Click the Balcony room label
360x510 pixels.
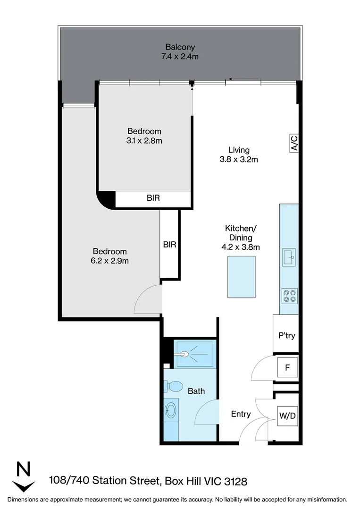pyautogui.click(x=180, y=47)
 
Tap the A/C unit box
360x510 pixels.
pyautogui.click(x=293, y=143)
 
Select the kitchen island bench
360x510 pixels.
pyautogui.click(x=241, y=277)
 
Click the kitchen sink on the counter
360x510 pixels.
pyautogui.click(x=288, y=258)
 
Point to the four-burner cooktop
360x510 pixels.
pyautogui.click(x=289, y=296)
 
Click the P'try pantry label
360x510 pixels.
pyautogui.click(x=286, y=336)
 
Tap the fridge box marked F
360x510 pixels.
pyautogui.click(x=286, y=367)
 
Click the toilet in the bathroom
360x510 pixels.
pyautogui.click(x=173, y=387)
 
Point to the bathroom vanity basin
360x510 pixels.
pyautogui.click(x=171, y=409)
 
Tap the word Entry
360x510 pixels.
pyautogui.click(x=241, y=414)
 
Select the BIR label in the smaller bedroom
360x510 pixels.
pyautogui.click(x=153, y=198)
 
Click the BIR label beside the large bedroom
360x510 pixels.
pyautogui.click(x=169, y=245)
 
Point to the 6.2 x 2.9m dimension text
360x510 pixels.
pyautogui.click(x=109, y=261)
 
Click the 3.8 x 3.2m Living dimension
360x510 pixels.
pyautogui.click(x=239, y=160)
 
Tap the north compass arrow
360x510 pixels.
pyautogui.click(x=23, y=477)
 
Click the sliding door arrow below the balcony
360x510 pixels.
pyautogui.click(x=243, y=79)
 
